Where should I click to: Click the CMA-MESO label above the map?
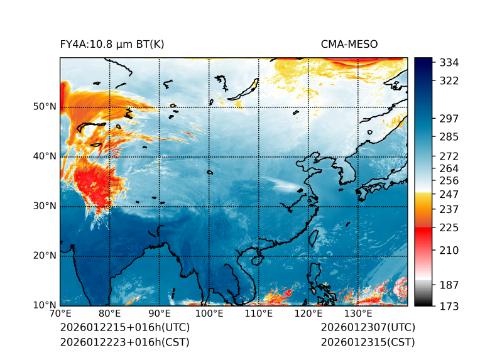click(x=349, y=44)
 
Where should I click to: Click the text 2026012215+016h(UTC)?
click(x=124, y=328)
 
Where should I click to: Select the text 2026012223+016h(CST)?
click(x=124, y=342)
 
